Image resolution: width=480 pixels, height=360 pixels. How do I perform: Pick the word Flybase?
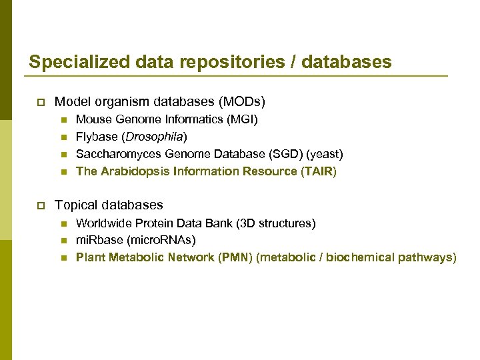point(96,137)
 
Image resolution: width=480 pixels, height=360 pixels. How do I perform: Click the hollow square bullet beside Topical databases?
point(39,205)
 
